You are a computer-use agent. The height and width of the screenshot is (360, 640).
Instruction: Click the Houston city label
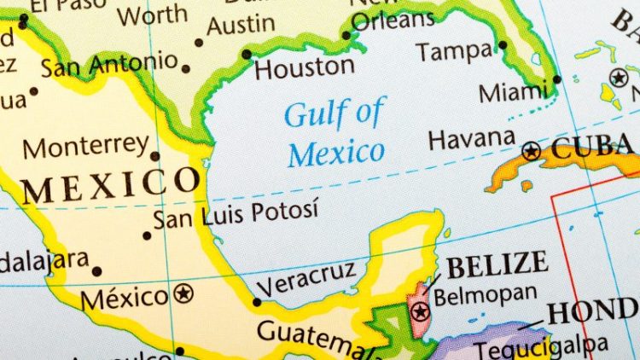pos(305,68)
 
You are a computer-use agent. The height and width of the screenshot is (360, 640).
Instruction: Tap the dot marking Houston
pos(247,54)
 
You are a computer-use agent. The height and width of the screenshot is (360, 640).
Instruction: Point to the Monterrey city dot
pos(154,156)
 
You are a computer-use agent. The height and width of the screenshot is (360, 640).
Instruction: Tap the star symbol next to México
pos(183,294)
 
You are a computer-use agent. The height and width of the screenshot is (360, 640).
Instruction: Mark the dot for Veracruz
pos(257,301)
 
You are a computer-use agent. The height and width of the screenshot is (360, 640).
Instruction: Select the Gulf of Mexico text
pos(335,133)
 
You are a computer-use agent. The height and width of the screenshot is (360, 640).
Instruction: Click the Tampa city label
pos(456,53)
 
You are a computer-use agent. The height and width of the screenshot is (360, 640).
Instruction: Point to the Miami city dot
pos(556,79)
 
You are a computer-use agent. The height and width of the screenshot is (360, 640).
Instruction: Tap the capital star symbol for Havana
pos(532,152)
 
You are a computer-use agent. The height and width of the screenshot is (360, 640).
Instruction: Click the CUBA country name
pos(595,148)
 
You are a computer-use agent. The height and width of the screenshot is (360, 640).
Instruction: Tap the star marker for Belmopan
pos(420,311)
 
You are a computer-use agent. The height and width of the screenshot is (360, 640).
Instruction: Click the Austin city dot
pos(200,42)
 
